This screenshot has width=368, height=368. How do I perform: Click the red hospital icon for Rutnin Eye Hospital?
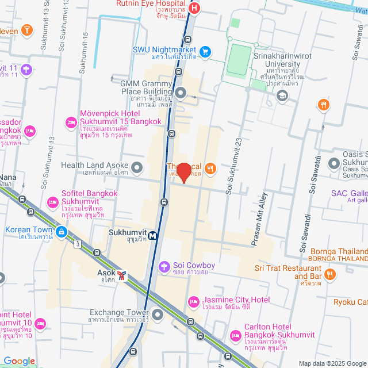tap(194, 8)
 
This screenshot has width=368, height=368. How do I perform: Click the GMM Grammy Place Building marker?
tap(181, 93)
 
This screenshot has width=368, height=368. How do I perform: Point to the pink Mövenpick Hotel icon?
tap(71, 122)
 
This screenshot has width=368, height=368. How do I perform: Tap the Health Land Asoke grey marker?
tap(137, 168)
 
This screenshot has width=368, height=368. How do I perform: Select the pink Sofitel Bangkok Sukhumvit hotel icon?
tap(53, 202)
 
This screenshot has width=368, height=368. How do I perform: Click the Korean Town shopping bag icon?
tap(61, 232)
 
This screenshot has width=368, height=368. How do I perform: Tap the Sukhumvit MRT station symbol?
tap(153, 235)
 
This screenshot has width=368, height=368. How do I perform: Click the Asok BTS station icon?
tap(122, 275)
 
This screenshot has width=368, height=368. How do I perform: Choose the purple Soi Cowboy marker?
tap(165, 266)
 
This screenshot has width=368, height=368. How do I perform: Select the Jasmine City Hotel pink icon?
tap(194, 301)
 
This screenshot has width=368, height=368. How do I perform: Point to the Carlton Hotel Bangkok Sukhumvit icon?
tap(235, 336)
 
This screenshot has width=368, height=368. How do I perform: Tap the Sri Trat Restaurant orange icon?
tap(329, 275)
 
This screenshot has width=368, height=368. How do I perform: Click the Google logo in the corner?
tap(19, 361)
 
